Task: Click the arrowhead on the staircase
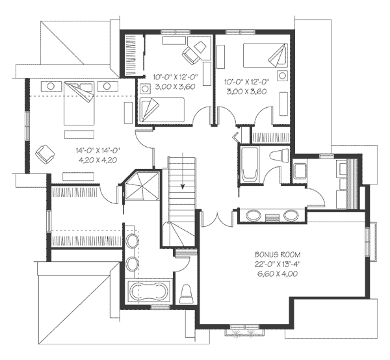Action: click(x=183, y=186)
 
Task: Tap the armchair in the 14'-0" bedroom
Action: click(x=44, y=154)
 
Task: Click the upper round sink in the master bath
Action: click(x=132, y=241)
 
